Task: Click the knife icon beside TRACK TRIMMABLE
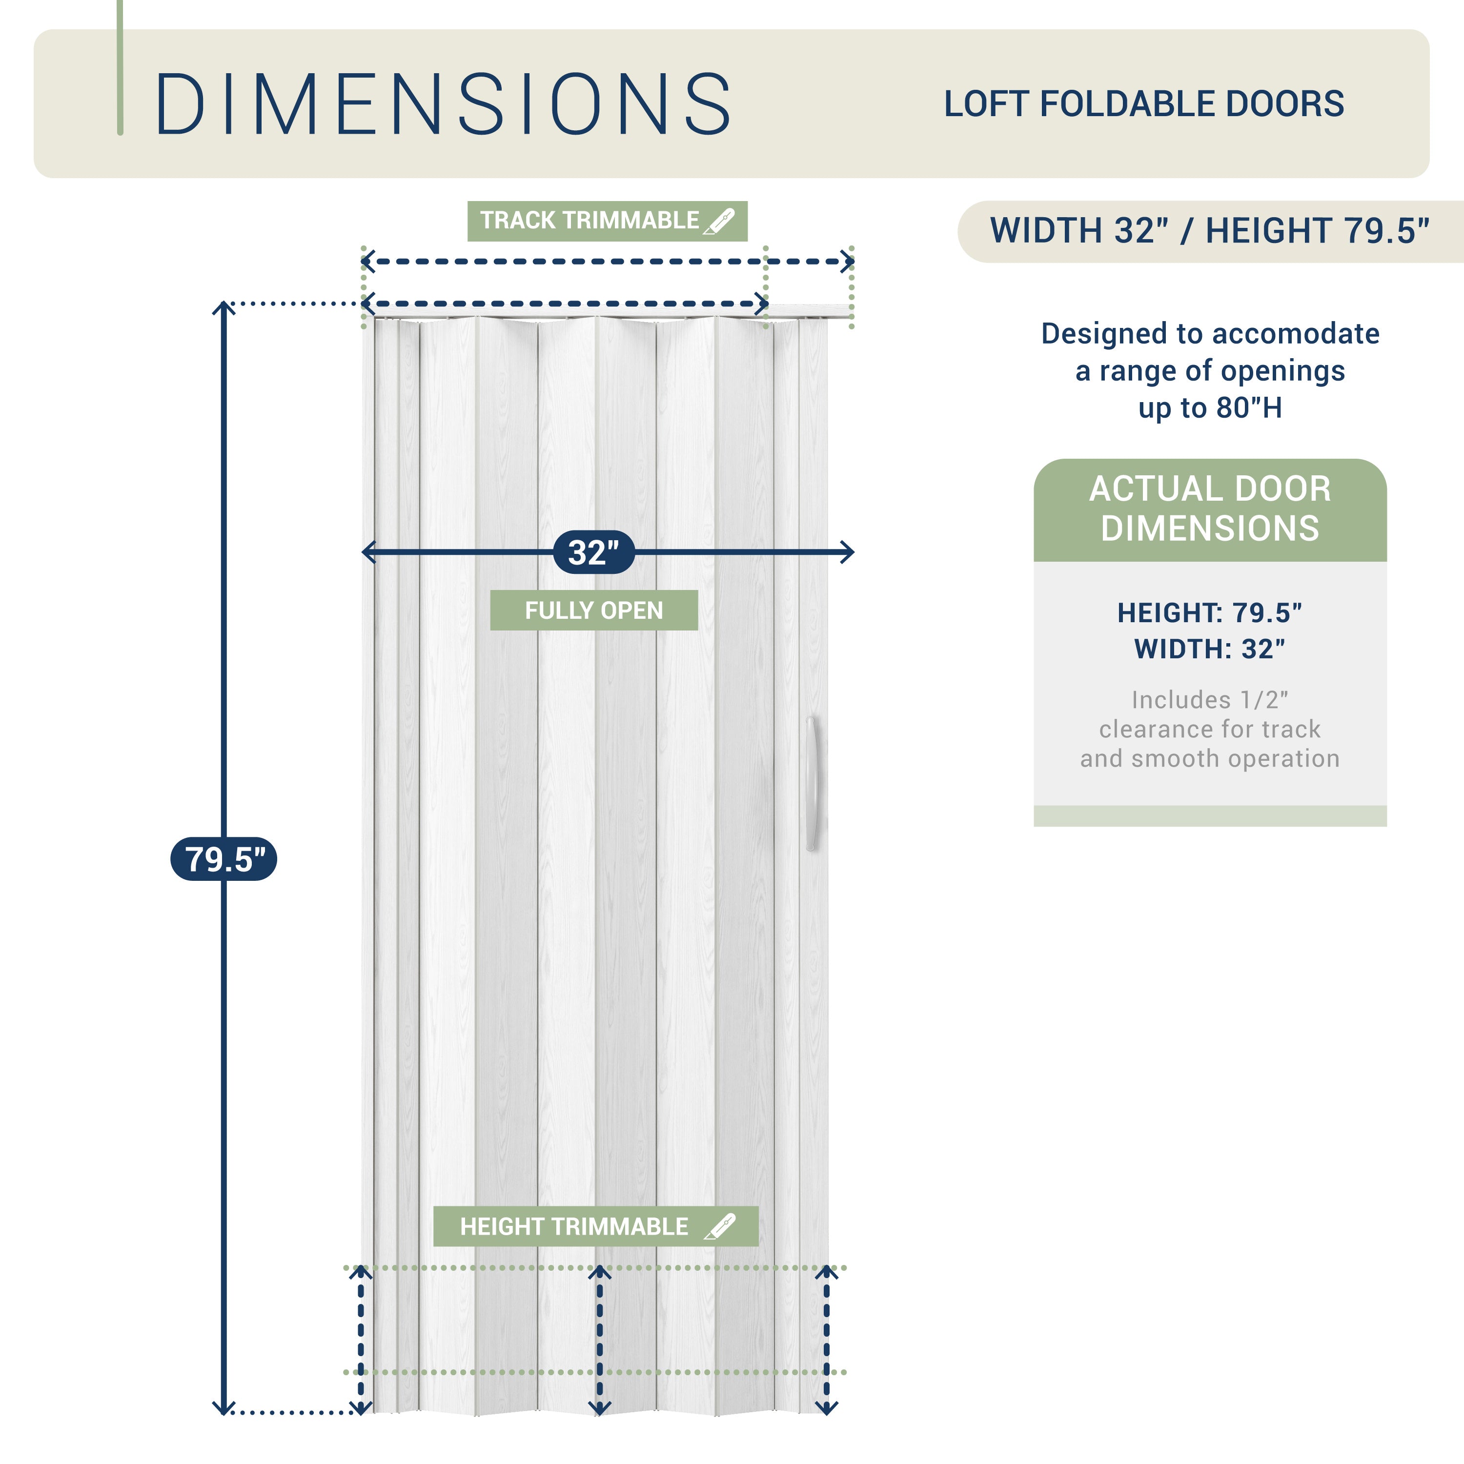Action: pyautogui.click(x=719, y=221)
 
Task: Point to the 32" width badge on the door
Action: pyautogui.click(x=594, y=552)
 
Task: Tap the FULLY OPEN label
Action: pyautogui.click(x=594, y=610)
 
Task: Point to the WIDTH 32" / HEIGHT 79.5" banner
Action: pyautogui.click(x=1210, y=231)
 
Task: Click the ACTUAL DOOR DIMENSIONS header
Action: pyautogui.click(x=1210, y=509)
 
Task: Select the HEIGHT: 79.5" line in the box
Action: pyautogui.click(x=1210, y=613)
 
